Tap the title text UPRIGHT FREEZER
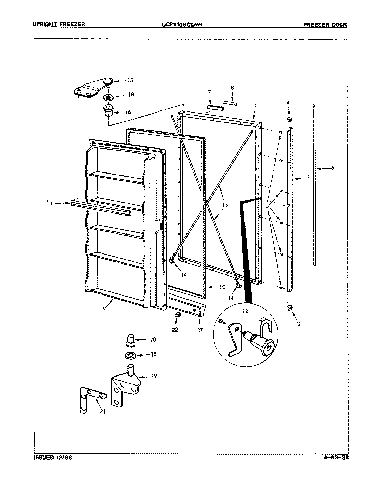tap(58, 24)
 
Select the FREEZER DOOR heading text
tap(325, 24)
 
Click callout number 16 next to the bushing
tap(127, 112)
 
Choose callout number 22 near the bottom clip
tap(175, 329)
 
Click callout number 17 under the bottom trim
tap(200, 329)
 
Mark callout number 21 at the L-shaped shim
tap(103, 411)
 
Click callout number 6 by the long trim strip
tap(332, 168)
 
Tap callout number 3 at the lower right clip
tap(298, 324)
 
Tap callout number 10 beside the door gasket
tap(222, 287)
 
